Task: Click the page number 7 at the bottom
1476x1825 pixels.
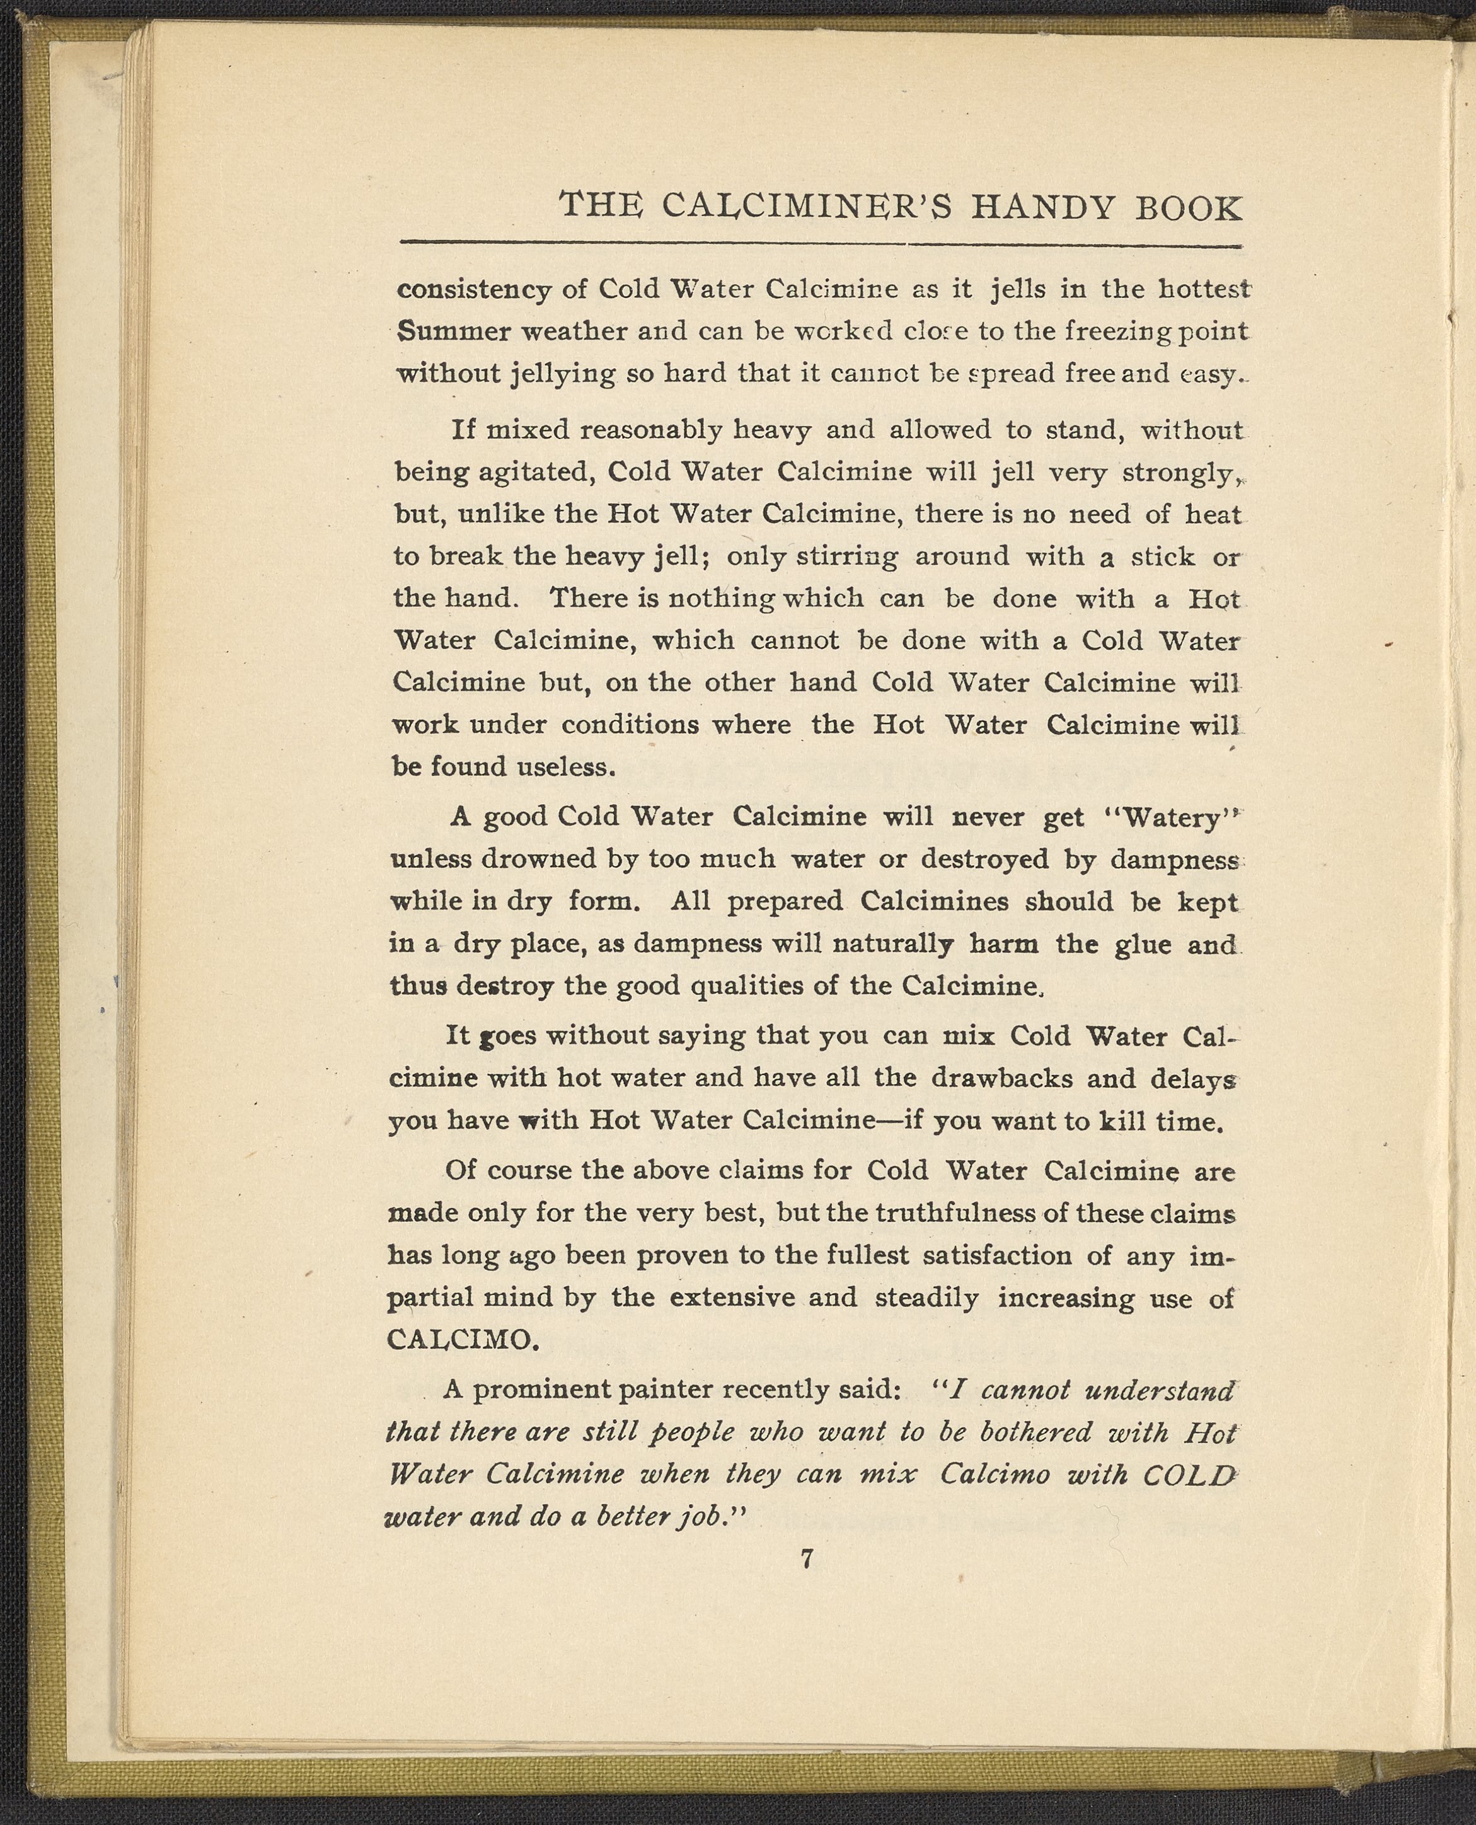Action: coord(807,1559)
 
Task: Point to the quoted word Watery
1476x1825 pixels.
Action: coord(1172,818)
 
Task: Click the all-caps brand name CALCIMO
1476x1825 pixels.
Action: coord(460,1340)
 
